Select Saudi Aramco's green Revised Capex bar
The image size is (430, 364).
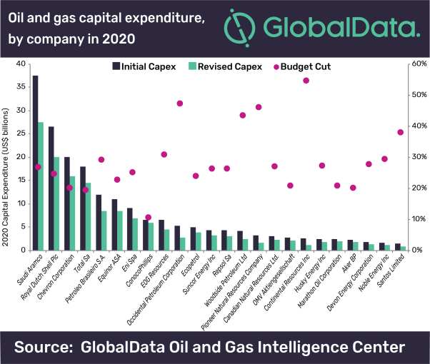point(41,186)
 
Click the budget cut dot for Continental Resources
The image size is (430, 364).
point(306,81)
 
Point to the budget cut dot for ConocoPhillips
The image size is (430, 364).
point(149,218)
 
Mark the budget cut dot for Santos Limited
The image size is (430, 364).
point(400,132)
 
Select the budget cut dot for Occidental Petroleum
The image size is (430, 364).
point(180,103)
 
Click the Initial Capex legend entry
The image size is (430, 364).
point(144,66)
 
